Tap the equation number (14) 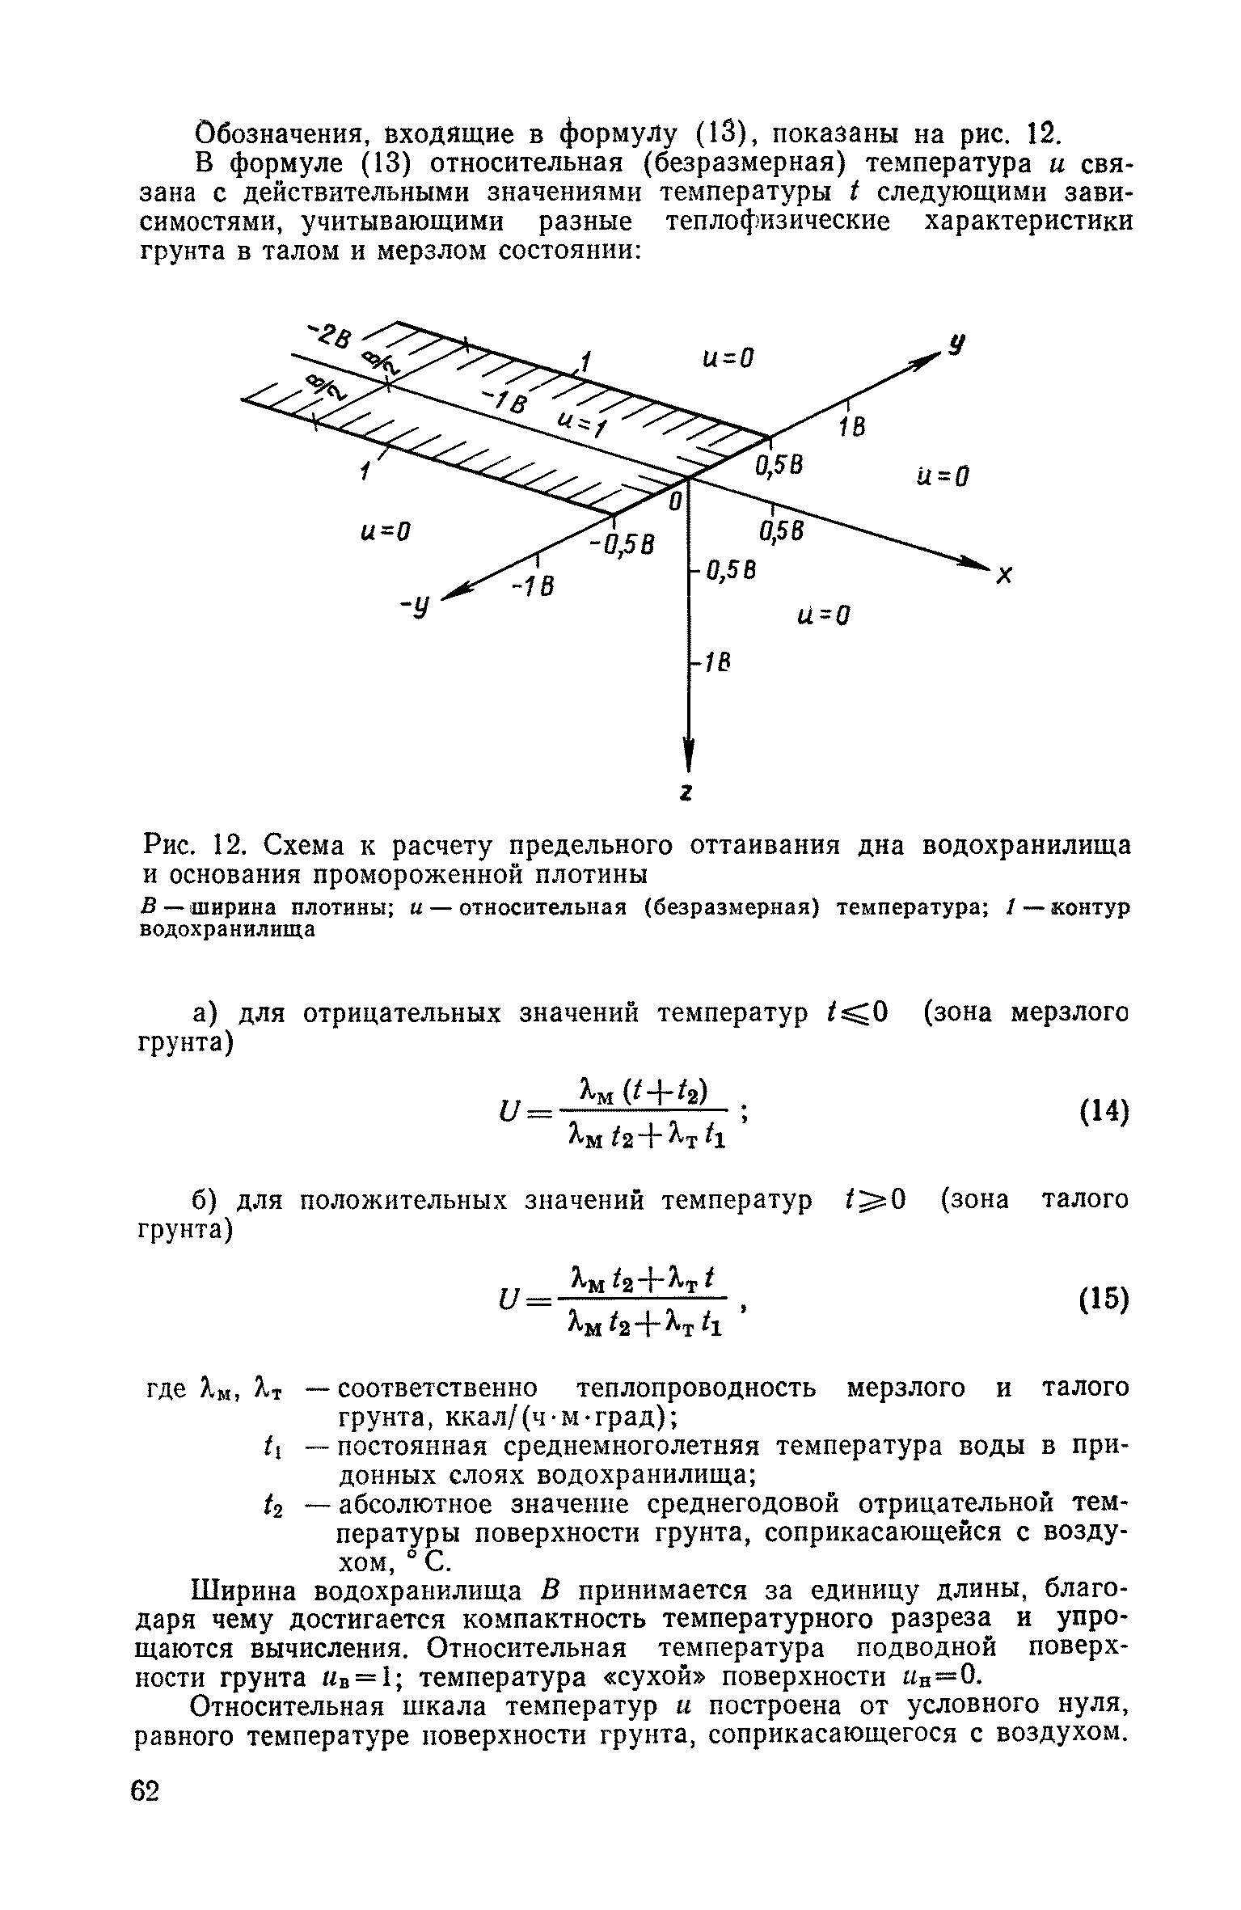[1104, 1113]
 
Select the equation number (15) [1104, 1299]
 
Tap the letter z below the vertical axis [686, 795]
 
